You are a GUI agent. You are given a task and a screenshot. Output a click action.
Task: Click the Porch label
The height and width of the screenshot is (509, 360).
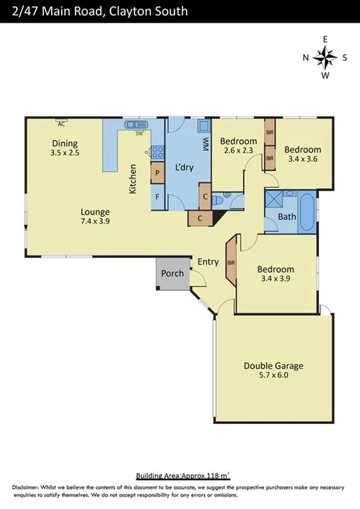point(172,274)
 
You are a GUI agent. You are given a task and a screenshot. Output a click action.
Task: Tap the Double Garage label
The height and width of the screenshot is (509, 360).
point(273,366)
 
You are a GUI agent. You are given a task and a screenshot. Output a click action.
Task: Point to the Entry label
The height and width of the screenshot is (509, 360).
point(208,261)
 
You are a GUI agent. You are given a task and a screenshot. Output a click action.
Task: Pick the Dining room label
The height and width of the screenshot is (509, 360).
point(65,143)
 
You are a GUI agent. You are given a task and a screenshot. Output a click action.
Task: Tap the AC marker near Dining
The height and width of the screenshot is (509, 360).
point(60,122)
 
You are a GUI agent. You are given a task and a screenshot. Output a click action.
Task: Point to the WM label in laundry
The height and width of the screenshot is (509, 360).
point(205,144)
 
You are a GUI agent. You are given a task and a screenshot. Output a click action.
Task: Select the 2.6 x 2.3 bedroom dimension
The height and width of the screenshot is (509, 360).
point(238,151)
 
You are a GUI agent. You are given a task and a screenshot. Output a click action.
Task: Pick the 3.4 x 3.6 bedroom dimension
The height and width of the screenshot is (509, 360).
point(302,159)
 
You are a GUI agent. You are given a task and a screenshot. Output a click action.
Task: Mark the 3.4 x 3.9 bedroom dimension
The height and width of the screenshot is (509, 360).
point(276,279)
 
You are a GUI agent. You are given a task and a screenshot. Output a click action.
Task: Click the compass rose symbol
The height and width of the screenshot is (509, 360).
point(325,56)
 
